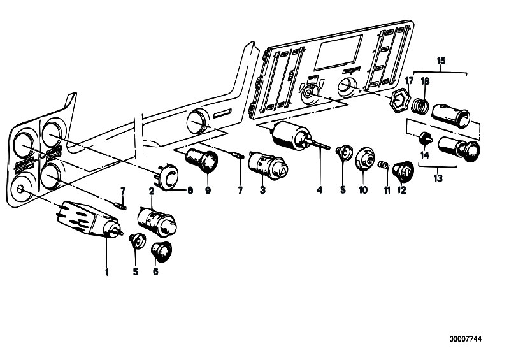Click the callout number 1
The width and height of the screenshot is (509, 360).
pyautogui.click(x=107, y=272)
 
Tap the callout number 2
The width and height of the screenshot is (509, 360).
pyautogui.click(x=152, y=191)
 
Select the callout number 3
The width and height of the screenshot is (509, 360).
pyautogui.click(x=261, y=189)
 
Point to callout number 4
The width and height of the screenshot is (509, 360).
pyautogui.click(x=320, y=190)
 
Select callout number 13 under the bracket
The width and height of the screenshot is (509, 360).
pyautogui.click(x=438, y=179)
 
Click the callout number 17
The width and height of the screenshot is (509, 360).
pyautogui.click(x=409, y=80)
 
